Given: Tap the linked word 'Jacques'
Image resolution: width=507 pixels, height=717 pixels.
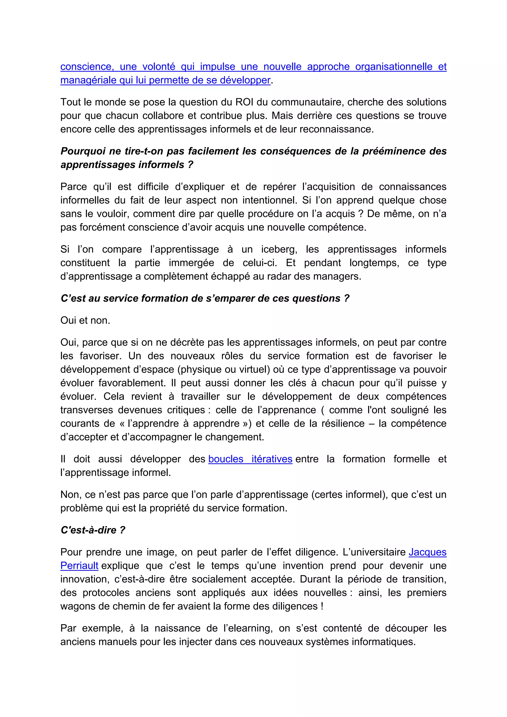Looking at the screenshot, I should click(x=427, y=552).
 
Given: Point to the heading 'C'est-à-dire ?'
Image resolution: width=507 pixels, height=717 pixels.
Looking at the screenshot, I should click(x=93, y=530).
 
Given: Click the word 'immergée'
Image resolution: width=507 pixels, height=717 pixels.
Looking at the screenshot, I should click(x=191, y=263).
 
